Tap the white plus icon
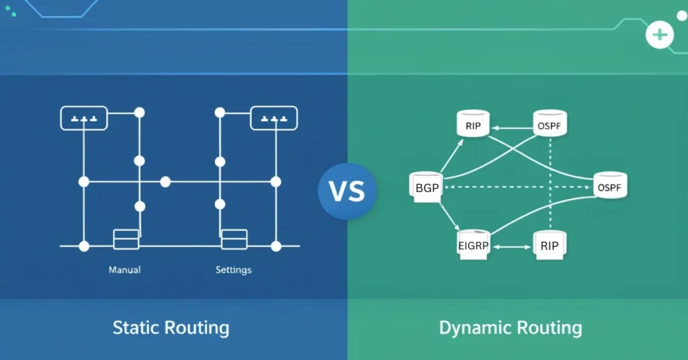660,35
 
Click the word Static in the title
137,328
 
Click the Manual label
124,270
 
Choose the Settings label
233,270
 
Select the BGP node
427,187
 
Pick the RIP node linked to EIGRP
550,245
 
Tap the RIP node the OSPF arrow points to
472,126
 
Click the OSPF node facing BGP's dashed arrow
610,187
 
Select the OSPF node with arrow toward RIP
550,125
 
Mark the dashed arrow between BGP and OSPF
517,187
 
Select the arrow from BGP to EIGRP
449,216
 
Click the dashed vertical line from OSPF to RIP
550,181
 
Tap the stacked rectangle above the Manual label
126,239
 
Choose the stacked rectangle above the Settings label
234,239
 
